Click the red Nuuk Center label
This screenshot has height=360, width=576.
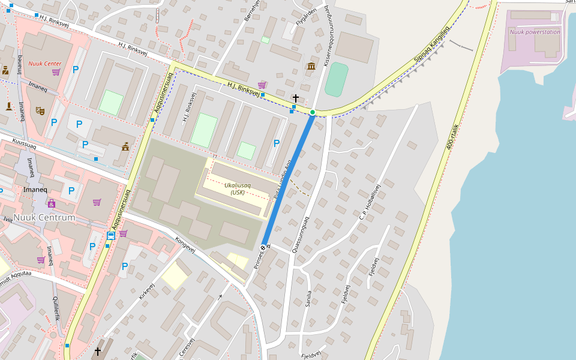(x=45, y=64)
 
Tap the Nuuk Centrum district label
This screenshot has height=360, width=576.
(x=44, y=217)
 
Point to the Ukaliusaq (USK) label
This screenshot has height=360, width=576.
(x=238, y=188)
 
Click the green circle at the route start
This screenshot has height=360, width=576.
(x=313, y=112)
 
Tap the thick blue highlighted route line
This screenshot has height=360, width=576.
(x=288, y=180)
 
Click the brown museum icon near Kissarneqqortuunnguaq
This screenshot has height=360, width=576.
(x=311, y=66)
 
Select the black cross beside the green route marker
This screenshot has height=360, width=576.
(x=296, y=97)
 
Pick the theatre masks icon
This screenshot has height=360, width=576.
(x=40, y=110)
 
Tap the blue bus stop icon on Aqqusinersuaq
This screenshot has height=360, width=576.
(x=110, y=236)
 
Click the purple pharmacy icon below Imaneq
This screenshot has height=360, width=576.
(x=52, y=203)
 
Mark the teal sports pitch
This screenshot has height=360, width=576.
(x=336, y=79)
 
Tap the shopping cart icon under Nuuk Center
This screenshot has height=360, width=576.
(x=56, y=72)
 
